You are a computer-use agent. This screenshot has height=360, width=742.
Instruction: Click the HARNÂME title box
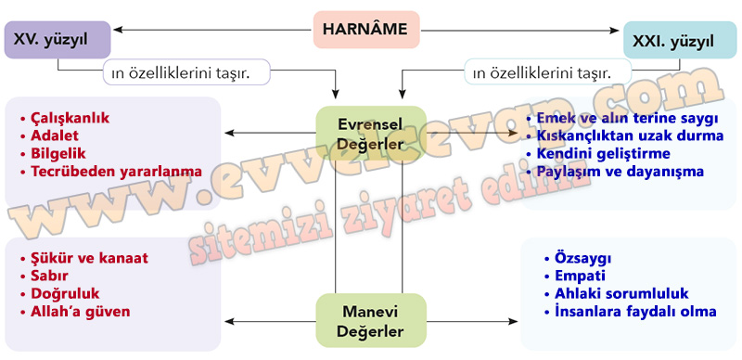(366, 30)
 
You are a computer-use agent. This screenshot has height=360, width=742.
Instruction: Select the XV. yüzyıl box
(58, 40)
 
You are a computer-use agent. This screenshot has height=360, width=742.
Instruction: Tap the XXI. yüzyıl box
(680, 40)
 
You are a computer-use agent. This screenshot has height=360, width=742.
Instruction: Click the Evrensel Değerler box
(370, 134)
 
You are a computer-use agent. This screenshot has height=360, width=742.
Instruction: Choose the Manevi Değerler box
(370, 321)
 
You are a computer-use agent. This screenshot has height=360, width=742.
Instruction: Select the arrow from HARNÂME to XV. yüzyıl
(213, 30)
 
